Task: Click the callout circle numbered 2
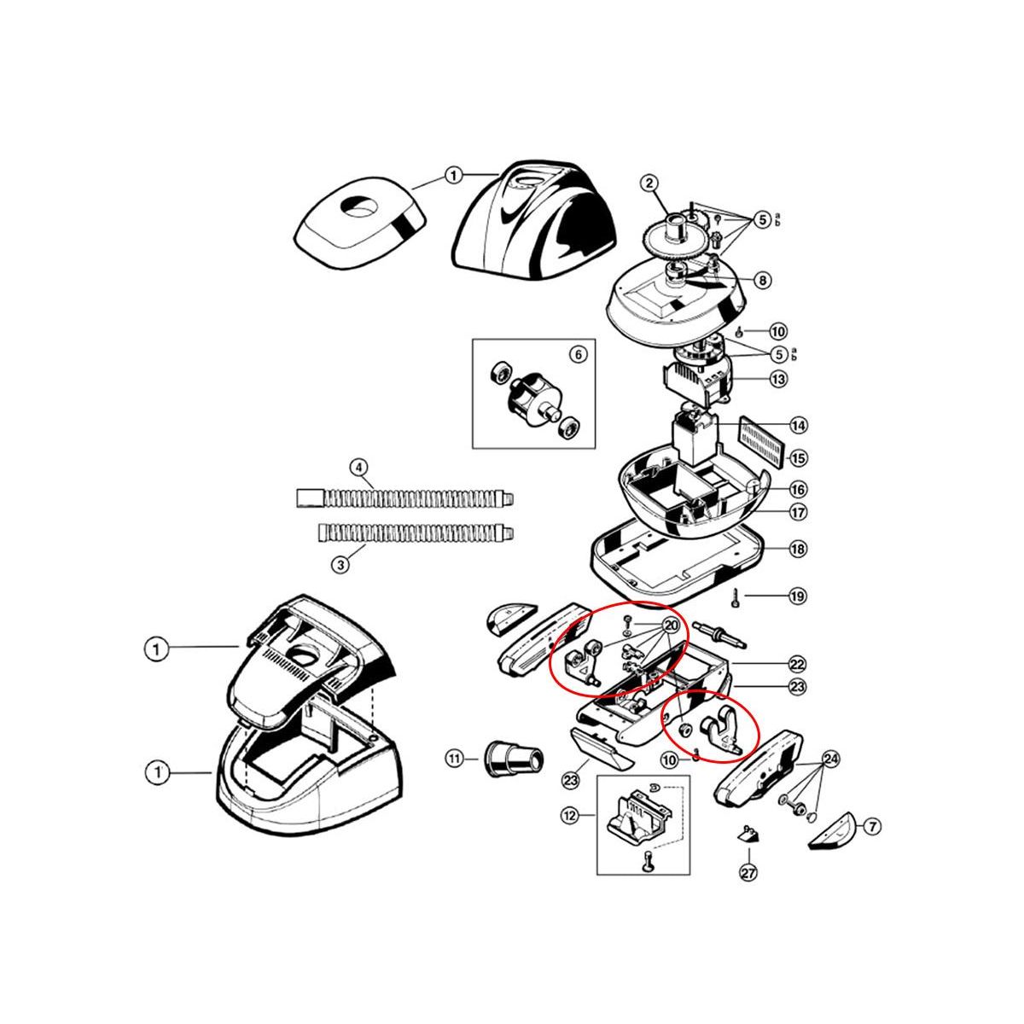649,183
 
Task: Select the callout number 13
777,378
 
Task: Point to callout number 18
797,550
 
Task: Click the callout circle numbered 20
671,625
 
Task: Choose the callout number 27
748,872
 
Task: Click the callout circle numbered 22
797,664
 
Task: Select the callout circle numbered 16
797,490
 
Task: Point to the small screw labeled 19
734,596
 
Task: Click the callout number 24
830,758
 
